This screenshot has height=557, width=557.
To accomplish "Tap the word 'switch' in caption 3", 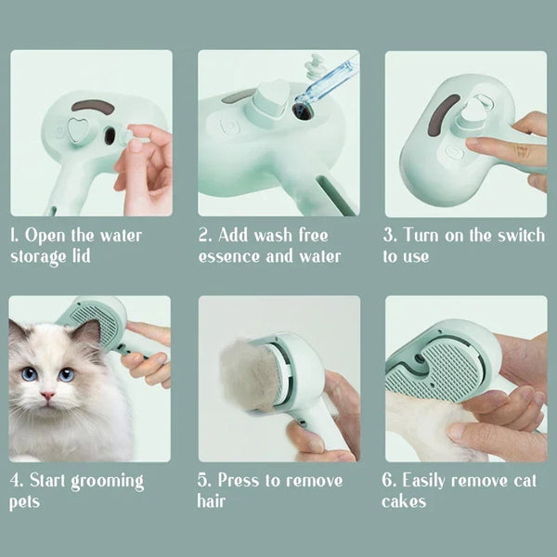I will pos(521,236).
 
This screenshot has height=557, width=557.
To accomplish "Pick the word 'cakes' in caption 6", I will pos(406,502).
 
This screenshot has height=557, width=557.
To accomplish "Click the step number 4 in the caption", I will pos(15,481).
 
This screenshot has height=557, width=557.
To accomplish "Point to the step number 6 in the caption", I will pos(388,481).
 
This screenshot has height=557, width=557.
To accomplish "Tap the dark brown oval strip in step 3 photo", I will pos(445,120).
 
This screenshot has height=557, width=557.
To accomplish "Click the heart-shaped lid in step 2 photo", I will pos(272,97).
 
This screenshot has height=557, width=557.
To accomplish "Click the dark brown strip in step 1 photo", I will pos(93,107).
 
